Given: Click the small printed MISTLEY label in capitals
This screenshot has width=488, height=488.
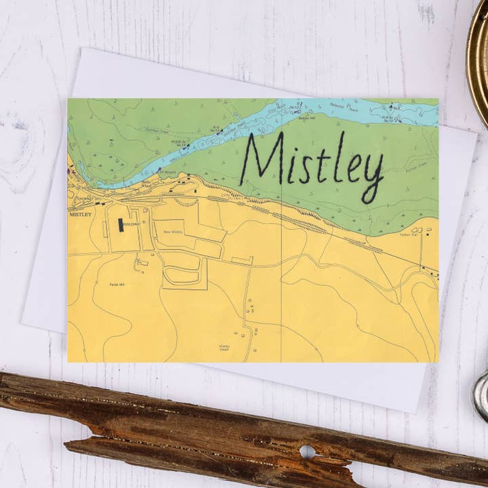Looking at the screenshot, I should point(80,213).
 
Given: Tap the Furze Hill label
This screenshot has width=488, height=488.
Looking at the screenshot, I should point(117,284).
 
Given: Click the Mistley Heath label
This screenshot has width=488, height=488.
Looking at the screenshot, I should point(224,346).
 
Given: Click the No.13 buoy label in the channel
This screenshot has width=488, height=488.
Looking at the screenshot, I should point(181,144).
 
